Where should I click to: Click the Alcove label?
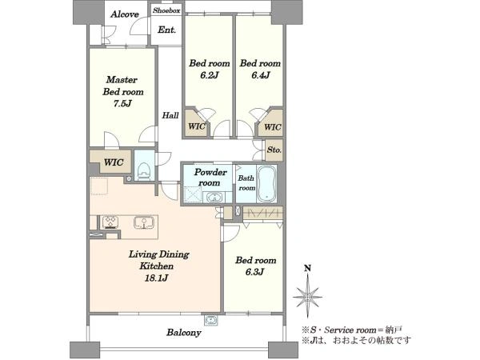[125, 14]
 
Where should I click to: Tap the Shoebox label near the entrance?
[166, 10]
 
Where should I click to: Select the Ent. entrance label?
[167, 30]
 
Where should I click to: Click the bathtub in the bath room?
[266, 184]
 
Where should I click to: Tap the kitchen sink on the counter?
[143, 222]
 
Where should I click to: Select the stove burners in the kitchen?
[110, 222]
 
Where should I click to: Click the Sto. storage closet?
[274, 150]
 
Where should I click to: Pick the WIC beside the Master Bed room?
[114, 162]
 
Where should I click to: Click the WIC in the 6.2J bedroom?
[196, 126]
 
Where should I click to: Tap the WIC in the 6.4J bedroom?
[272, 126]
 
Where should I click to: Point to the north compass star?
[308, 297]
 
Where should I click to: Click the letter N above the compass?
[308, 269]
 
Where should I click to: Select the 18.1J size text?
[157, 278]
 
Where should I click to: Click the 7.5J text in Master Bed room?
[122, 103]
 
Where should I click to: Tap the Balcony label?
[184, 333]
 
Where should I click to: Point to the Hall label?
[170, 115]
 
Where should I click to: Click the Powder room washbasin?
[214, 198]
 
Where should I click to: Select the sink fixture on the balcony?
[211, 320]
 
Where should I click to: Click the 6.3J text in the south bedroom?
[254, 272]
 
